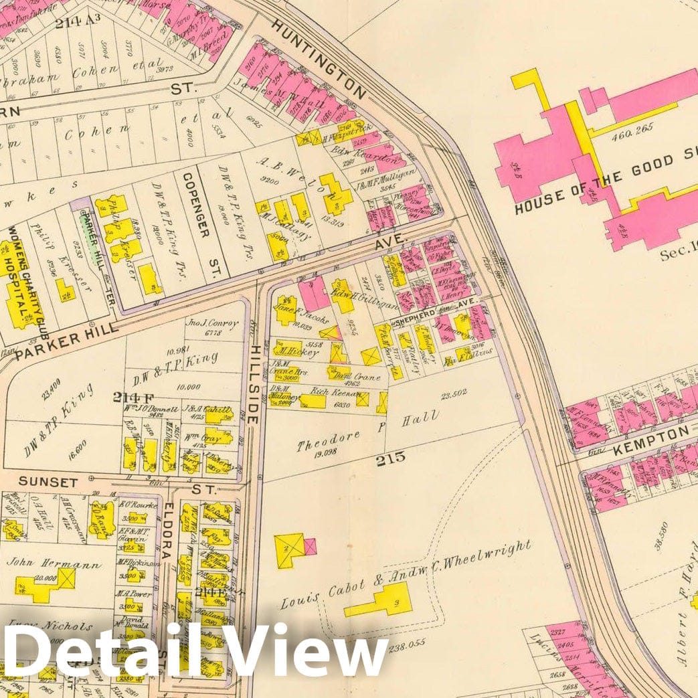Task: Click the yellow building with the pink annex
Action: tap(294, 548)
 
